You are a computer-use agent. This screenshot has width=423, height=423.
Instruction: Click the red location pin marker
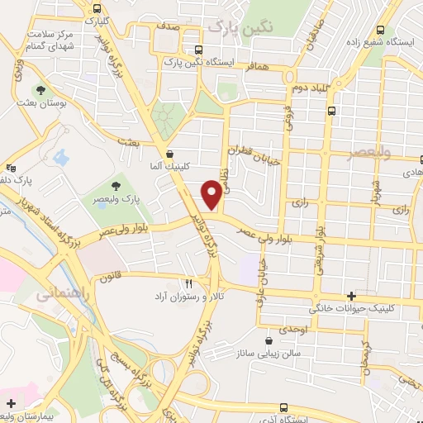pyautogui.click(x=211, y=194)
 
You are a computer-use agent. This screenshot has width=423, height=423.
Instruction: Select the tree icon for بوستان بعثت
pyautogui.click(x=40, y=90)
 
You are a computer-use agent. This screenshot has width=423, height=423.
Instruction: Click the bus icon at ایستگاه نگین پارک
pyautogui.click(x=197, y=50)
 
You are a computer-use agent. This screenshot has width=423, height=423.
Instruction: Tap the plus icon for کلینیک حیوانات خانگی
pyautogui.click(x=352, y=296)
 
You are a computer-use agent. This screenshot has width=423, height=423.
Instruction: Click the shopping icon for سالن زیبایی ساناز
pyautogui.click(x=269, y=340)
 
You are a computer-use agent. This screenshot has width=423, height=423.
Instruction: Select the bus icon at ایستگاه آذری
pyautogui.click(x=284, y=407)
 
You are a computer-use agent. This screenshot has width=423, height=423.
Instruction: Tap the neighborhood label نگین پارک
pyautogui.click(x=240, y=27)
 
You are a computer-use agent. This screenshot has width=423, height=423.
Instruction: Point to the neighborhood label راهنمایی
pyautogui.click(x=57, y=292)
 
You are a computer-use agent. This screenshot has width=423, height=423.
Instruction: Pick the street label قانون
pyautogui.click(x=112, y=278)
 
